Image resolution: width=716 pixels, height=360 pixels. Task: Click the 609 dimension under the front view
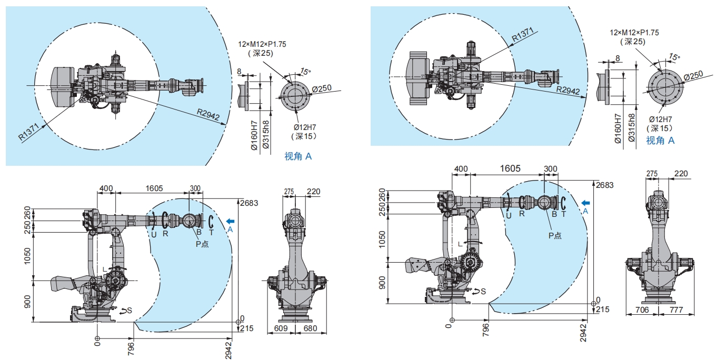pyautogui.click(x=281, y=328)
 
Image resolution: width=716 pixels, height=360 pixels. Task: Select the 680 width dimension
pyautogui.click(x=310, y=328)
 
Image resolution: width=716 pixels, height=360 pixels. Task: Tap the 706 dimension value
pyautogui.click(x=642, y=309)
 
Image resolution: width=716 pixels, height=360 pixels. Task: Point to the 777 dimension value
pyautogui.click(x=676, y=309)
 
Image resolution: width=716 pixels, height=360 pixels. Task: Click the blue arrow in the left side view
pyautogui.click(x=230, y=221)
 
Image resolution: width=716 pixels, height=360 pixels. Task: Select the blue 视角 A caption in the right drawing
pyautogui.click(x=660, y=141)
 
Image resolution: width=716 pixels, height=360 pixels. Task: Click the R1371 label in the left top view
pyautogui.click(x=28, y=132)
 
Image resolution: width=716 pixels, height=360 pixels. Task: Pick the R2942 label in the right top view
pyautogui.click(x=568, y=90)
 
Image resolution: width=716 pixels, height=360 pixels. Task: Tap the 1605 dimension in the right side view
pyautogui.click(x=510, y=168)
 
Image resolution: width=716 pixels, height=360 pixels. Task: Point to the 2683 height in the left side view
pyautogui.click(x=249, y=203)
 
